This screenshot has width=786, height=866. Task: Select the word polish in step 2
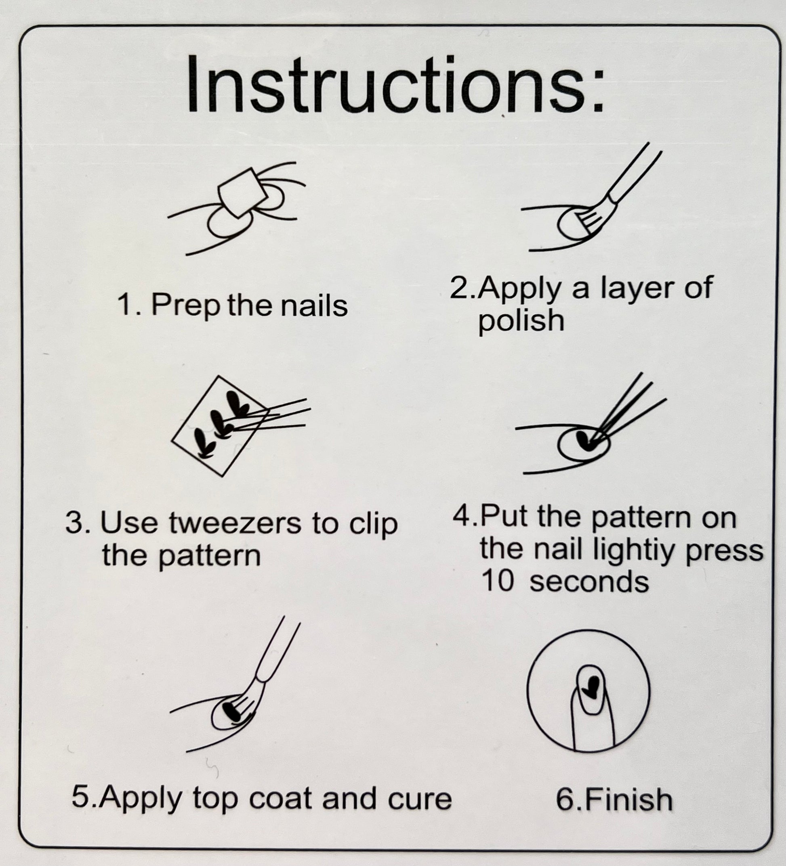tap(521, 321)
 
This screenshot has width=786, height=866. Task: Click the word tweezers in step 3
tap(235, 524)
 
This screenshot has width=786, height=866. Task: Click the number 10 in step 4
tap(497, 582)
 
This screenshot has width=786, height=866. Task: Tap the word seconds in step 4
tap(588, 582)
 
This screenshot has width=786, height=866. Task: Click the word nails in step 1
tap(314, 306)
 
